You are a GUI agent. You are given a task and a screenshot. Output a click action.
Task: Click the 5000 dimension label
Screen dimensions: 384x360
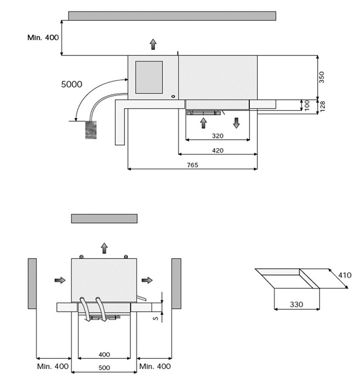click(72, 84)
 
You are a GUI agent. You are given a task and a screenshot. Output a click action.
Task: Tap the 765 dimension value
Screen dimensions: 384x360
click(192, 165)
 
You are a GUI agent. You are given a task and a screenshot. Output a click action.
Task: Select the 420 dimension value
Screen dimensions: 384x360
click(218, 150)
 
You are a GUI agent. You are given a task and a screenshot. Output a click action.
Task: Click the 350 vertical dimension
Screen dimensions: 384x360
click(322, 77)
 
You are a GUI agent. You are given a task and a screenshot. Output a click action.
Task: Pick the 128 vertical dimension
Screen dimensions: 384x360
click(322, 106)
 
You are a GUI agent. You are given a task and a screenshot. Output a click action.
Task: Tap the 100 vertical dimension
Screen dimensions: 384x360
click(307, 105)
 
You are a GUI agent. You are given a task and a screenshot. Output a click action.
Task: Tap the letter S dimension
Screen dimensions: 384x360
click(155, 316)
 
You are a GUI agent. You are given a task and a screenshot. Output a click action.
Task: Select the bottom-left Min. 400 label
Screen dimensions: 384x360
click(53, 366)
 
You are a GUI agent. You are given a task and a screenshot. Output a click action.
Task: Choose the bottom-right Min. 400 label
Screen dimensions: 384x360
click(155, 366)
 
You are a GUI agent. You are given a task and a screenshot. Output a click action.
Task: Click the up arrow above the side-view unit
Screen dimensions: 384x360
click(153, 44)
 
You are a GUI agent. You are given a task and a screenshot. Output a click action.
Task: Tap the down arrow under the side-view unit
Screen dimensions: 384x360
click(236, 122)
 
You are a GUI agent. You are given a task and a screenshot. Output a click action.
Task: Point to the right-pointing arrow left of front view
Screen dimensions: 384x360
click(60, 280)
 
